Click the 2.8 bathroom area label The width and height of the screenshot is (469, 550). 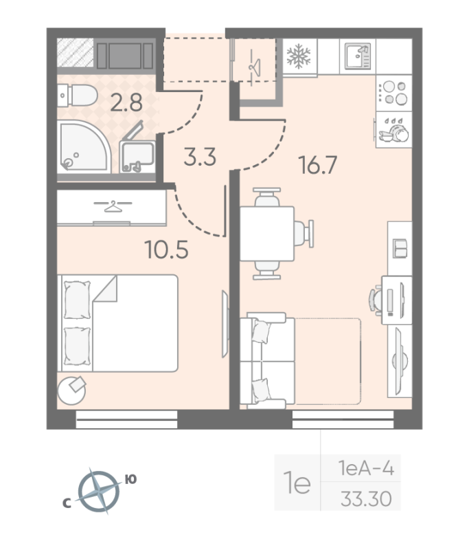126,102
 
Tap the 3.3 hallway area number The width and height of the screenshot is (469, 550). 200,157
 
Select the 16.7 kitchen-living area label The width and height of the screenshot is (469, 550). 318,165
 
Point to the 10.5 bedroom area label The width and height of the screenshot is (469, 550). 167,250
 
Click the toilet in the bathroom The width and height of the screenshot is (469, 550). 78,95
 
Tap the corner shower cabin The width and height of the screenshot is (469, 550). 84,146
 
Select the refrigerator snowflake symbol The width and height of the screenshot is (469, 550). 299,56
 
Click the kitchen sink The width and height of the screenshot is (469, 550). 358,56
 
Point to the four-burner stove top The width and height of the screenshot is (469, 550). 394,93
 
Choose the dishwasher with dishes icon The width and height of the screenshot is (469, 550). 394,130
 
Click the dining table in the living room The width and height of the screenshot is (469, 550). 267,234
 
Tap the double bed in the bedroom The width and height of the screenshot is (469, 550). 118,323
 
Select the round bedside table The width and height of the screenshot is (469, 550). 72,390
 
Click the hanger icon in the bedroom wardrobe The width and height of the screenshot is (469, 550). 113,206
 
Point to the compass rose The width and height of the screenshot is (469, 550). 99,491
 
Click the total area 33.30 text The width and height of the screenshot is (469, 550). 366,498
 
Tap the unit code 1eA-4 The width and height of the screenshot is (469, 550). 366,468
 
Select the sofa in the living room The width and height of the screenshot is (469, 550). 301,360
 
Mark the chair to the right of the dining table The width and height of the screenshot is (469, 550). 304,234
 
